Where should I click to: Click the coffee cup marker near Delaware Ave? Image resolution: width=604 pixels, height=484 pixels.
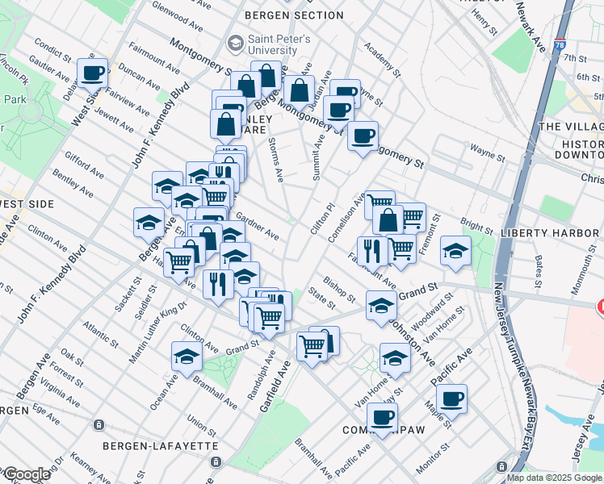pos(94,73)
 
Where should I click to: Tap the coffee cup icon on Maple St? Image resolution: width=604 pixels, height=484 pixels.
pos(452,398)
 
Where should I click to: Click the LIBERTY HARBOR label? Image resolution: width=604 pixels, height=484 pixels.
pos(552,233)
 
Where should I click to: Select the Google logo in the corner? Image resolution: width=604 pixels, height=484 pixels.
pos(26,474)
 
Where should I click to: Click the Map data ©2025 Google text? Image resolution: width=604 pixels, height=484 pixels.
pos(555,478)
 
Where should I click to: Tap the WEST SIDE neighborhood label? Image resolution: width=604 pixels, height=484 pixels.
pos(26,204)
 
